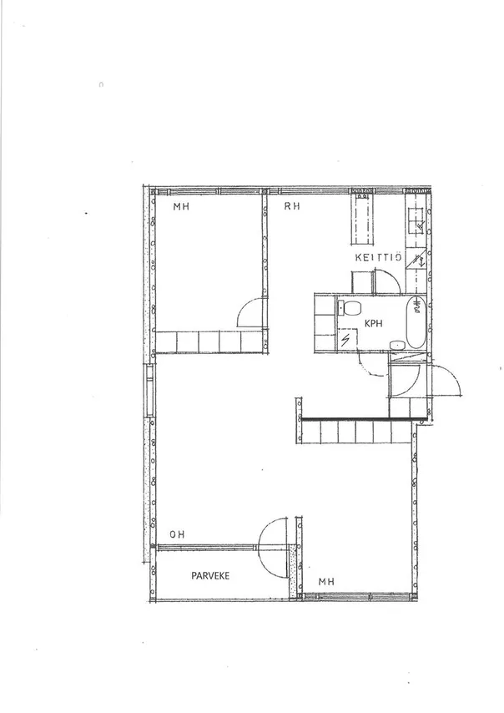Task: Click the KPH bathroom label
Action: click(x=374, y=323)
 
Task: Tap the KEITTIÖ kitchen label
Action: click(x=378, y=258)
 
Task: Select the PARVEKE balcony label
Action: click(x=210, y=576)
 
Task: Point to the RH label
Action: click(x=292, y=206)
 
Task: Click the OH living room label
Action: click(x=177, y=534)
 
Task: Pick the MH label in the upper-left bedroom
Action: click(x=181, y=207)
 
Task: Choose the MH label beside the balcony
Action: click(x=326, y=582)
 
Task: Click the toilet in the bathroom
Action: click(x=350, y=308)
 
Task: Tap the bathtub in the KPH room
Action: click(x=416, y=322)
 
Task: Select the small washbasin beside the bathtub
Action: click(x=398, y=345)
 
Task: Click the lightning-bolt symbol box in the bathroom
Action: click(x=347, y=340)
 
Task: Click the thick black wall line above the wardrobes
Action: click(x=364, y=420)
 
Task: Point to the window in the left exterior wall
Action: click(x=149, y=390)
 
